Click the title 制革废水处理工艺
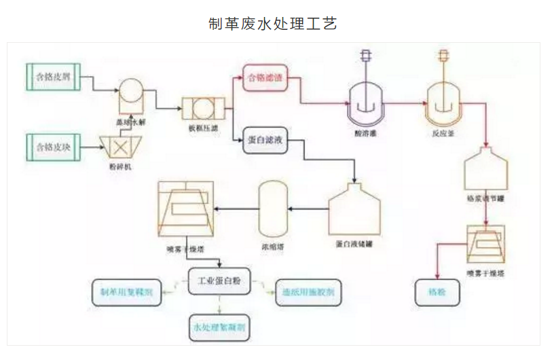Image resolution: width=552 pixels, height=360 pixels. [x=273, y=24]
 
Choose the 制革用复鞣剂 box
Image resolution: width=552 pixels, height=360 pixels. [x=126, y=293]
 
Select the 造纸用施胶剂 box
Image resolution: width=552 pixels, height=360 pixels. [x=308, y=294]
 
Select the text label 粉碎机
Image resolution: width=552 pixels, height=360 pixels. [x=115, y=166]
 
